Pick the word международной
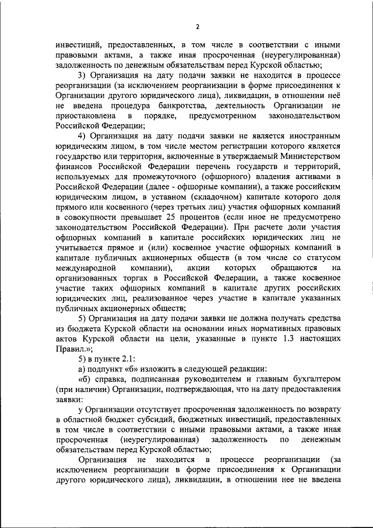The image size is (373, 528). (89, 267)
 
